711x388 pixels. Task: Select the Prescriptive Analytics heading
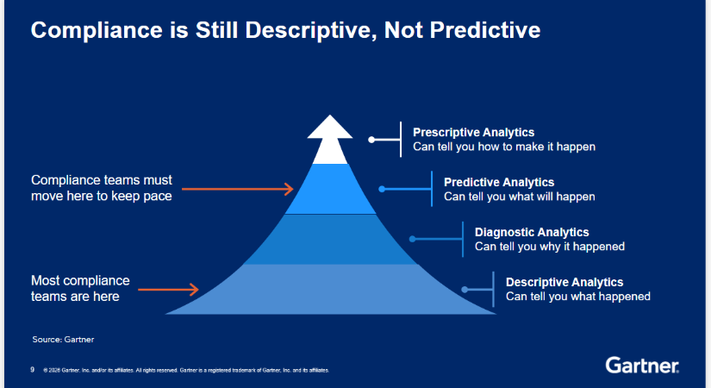[473, 132]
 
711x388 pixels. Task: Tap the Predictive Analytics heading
[499, 182]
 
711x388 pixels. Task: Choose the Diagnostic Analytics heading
[532, 232]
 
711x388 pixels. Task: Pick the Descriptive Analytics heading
[564, 282]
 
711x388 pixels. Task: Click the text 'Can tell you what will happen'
[519, 197]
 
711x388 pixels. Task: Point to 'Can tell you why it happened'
[550, 247]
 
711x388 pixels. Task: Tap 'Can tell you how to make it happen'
[504, 147]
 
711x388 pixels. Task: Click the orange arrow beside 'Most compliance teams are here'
[168, 290]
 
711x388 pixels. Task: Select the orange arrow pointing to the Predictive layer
[238, 189]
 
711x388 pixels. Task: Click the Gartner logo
[642, 366]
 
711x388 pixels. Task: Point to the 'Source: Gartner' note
[63, 340]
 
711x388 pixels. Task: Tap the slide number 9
[32, 370]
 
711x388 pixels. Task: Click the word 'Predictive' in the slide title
[484, 30]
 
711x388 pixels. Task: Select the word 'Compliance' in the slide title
[97, 31]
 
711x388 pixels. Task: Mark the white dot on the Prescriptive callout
[371, 140]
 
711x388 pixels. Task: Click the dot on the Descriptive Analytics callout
[465, 290]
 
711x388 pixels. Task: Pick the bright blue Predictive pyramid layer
[330, 189]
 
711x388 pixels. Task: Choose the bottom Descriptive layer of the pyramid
[330, 289]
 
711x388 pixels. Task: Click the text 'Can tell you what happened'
[577, 297]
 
